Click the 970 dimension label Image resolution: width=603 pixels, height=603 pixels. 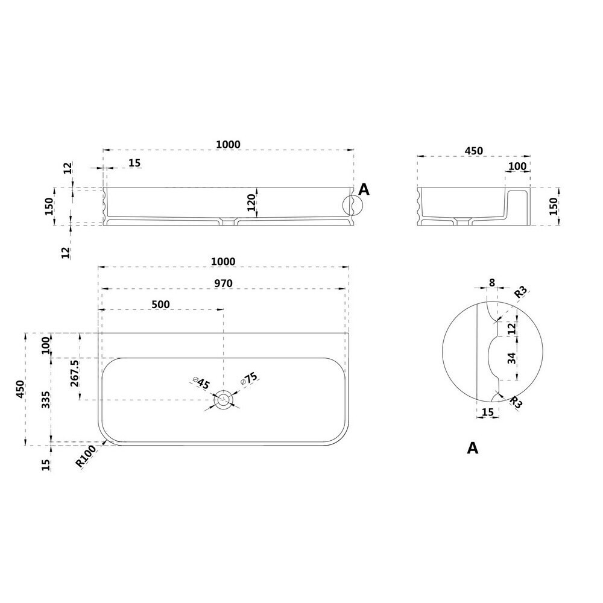(x=224, y=283)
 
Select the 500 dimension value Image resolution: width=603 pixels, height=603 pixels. (x=161, y=304)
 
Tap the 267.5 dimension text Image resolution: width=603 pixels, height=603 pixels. (x=75, y=373)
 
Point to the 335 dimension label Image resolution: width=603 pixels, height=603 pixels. (x=46, y=400)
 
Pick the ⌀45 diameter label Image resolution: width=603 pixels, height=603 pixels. (x=201, y=383)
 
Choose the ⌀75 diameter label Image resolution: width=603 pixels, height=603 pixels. (x=249, y=379)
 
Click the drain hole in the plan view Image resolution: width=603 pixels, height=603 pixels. (x=224, y=400)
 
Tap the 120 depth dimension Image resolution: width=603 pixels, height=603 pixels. (x=251, y=202)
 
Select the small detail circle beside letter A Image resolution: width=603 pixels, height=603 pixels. (x=352, y=205)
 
